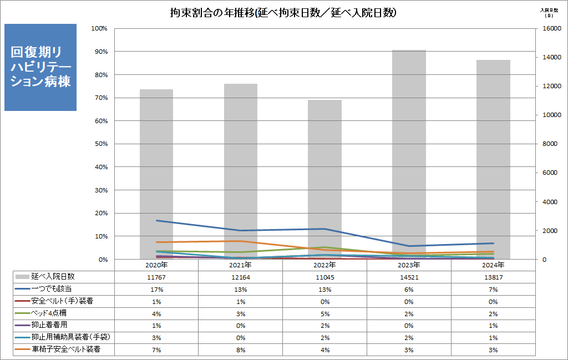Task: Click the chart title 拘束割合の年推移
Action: coord(283,12)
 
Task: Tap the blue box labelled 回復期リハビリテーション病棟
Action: coord(40,67)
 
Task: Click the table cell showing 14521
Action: coord(409,277)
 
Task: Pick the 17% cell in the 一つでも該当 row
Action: coord(156,289)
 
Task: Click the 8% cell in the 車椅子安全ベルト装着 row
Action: coord(241,349)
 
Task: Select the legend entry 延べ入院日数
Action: coord(53,277)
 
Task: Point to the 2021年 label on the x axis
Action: coord(241,265)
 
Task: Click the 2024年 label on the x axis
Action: coord(493,265)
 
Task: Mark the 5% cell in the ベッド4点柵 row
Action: coord(324,313)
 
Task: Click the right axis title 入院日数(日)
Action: coord(549,12)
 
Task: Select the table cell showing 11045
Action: coord(324,277)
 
